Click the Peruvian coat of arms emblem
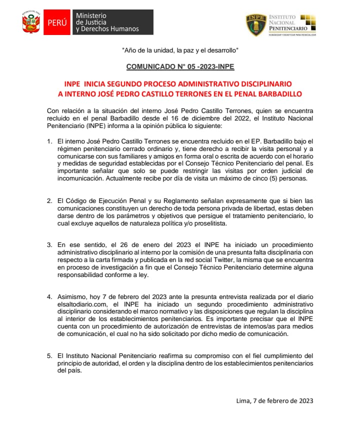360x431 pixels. (x=31, y=22)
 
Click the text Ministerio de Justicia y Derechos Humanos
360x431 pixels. (x=106, y=22)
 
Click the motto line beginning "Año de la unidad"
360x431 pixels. (x=180, y=50)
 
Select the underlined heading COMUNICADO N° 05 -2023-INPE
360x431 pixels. (x=180, y=66)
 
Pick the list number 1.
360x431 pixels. (x=49, y=141)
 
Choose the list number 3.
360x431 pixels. (x=49, y=244)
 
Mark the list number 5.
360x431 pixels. (x=49, y=355)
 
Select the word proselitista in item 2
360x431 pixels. (x=210, y=223)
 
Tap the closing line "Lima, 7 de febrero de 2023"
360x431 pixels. (x=274, y=400)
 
